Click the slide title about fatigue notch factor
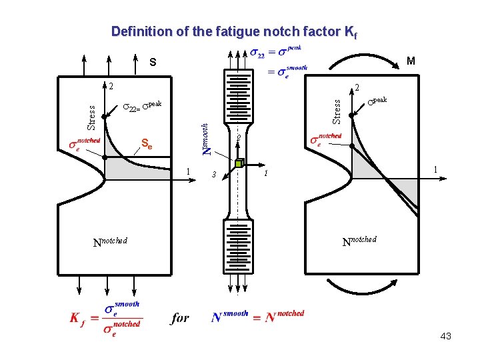[235, 32]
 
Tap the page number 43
[445, 336]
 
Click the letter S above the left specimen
[153, 63]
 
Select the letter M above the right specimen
[411, 61]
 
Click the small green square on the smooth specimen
[239, 162]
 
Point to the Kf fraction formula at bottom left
[105, 317]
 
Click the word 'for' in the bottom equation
[179, 318]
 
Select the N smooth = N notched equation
[257, 317]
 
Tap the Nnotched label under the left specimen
[110, 242]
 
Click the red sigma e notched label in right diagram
[326, 140]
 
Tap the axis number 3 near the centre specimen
[213, 175]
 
